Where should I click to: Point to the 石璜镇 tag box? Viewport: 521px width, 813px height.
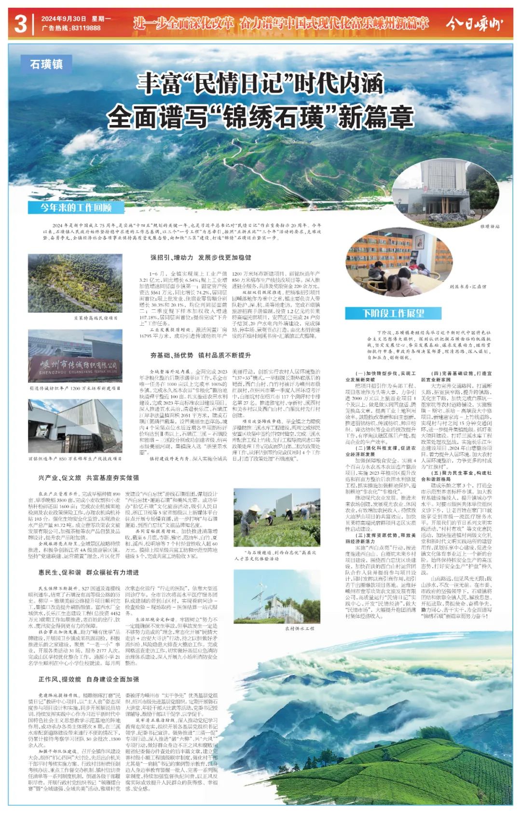[x=46, y=64]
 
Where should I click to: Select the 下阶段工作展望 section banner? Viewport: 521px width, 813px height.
[x=393, y=313]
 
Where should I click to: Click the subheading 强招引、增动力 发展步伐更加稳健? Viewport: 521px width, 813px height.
[x=200, y=258]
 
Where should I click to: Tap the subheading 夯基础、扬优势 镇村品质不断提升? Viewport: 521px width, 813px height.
[x=200, y=355]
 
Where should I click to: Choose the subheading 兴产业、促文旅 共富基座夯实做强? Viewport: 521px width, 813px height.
[x=88, y=478]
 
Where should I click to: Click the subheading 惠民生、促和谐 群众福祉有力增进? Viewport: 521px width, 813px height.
[x=88, y=572]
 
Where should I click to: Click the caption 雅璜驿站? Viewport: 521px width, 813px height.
[x=490, y=226]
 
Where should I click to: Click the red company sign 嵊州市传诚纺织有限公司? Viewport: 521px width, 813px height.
[x=75, y=366]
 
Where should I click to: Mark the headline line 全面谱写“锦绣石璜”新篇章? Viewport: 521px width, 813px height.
[x=260, y=117]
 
